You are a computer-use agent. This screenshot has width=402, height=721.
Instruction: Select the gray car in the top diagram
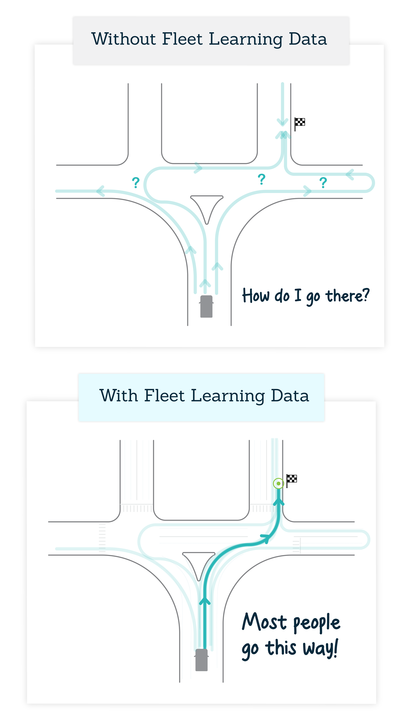206,306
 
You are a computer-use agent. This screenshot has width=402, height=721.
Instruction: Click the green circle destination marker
278,483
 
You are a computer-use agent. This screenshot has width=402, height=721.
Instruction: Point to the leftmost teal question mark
136,182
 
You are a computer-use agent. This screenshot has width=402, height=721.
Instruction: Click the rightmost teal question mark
323,182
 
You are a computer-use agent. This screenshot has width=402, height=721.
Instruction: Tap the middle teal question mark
262,179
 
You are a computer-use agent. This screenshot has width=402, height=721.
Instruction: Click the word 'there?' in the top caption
347,296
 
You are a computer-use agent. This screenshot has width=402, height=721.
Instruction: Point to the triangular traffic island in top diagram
207,206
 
